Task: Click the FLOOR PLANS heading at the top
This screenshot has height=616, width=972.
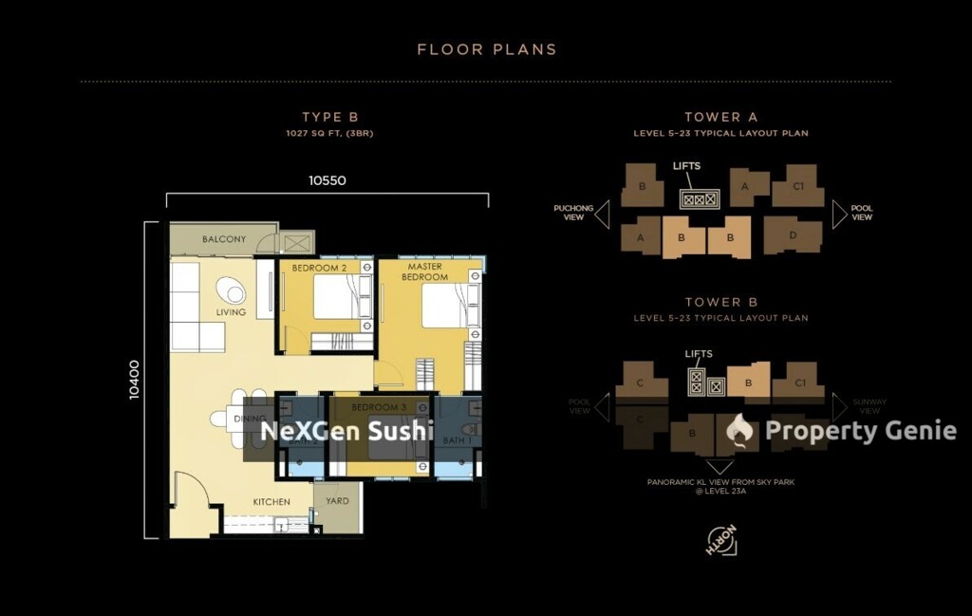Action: [486, 49]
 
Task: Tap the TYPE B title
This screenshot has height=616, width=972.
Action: [329, 118]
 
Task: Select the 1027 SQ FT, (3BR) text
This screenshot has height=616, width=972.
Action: [329, 134]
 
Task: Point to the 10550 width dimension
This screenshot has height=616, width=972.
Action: [327, 180]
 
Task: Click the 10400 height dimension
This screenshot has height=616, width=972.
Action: [135, 380]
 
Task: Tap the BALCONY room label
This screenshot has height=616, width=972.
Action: [224, 240]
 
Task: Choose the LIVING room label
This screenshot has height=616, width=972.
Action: [231, 311]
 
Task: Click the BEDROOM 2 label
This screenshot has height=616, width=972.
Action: [319, 269]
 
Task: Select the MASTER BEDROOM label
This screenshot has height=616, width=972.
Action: [424, 271]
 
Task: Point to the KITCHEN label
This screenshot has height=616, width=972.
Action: [271, 501]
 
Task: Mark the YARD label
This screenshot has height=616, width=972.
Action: [337, 501]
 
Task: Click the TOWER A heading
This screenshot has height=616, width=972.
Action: [721, 118]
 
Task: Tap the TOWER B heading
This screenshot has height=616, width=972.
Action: [721, 303]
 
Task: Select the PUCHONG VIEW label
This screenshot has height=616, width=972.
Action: [573, 213]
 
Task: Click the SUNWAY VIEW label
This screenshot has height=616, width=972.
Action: [869, 406]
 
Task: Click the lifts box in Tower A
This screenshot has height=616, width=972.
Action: [700, 199]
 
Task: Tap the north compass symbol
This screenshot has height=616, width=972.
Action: [721, 541]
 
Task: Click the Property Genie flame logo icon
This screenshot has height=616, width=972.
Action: [740, 431]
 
